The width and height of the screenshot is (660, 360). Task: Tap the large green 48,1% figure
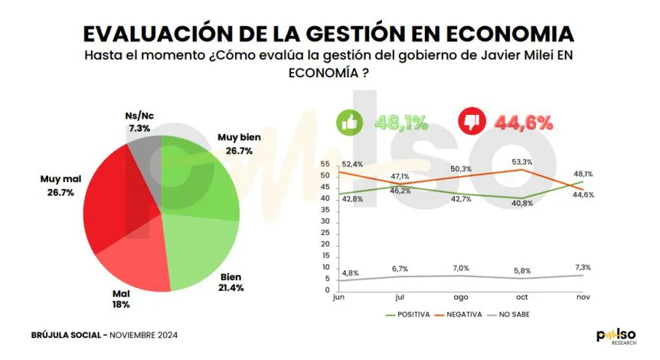[x=401, y=123]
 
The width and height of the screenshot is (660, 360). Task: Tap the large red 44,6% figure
[x=524, y=123]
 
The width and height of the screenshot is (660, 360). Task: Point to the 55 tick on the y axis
[x=325, y=165]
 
